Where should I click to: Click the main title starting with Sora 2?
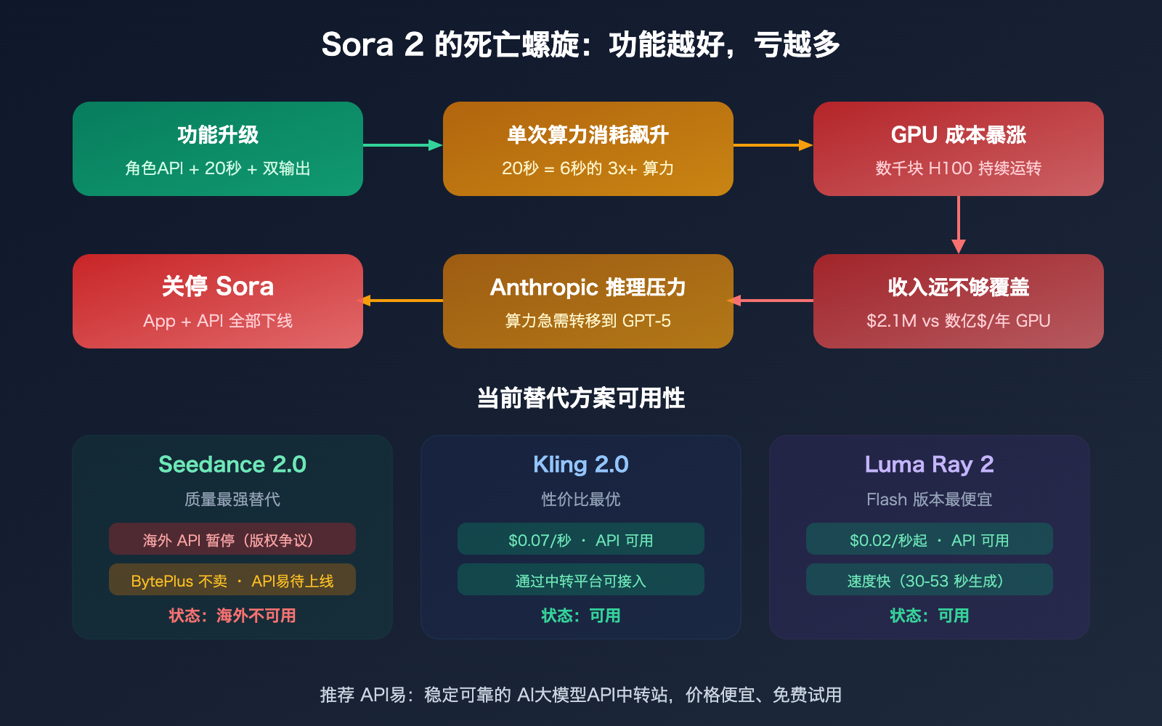tap(580, 45)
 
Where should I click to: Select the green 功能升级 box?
tap(218, 149)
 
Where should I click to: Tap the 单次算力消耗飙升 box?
tap(588, 149)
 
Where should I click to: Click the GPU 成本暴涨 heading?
tap(958, 135)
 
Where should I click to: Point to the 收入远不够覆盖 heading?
tap(958, 287)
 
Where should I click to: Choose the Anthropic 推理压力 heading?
tap(588, 287)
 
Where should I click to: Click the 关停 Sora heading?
tap(218, 287)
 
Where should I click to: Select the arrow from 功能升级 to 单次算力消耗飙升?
tap(402, 145)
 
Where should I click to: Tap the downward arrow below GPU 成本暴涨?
tap(959, 225)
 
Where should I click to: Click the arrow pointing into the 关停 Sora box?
tap(402, 301)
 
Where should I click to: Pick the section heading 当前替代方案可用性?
tap(580, 398)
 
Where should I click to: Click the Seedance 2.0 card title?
tap(232, 465)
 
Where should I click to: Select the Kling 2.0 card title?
tap(581, 465)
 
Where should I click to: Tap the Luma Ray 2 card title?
tap(929, 465)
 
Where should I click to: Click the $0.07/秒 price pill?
tap(581, 539)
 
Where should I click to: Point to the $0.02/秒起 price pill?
tap(929, 539)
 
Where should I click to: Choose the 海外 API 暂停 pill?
tap(232, 539)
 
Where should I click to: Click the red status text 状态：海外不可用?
tap(232, 616)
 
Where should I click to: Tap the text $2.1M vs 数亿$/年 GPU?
tap(958, 321)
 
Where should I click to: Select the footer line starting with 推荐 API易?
tap(580, 695)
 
